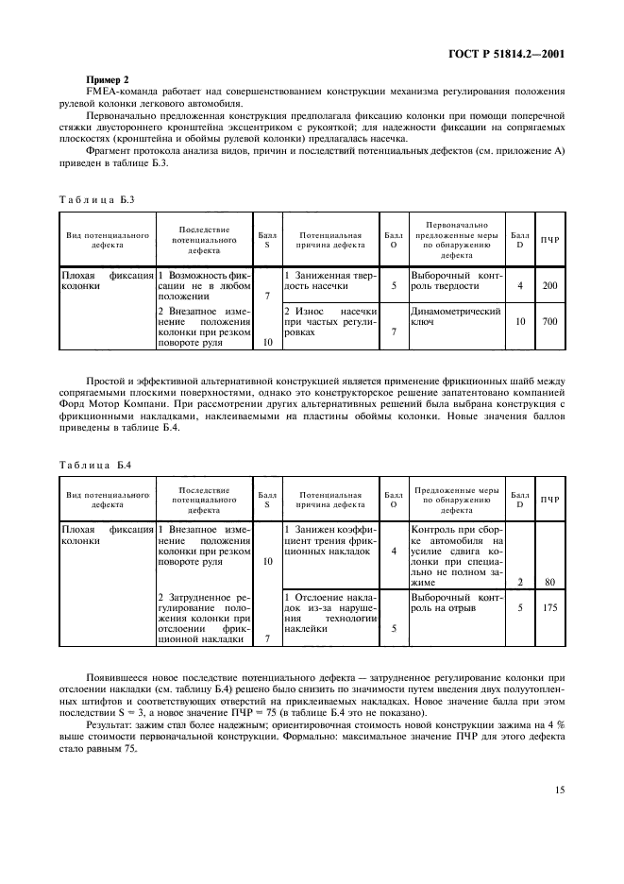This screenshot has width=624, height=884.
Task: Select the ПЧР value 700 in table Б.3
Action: (549, 322)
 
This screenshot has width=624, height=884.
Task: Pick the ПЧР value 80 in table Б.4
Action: (549, 582)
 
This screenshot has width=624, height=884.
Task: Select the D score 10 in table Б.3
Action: (519, 322)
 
